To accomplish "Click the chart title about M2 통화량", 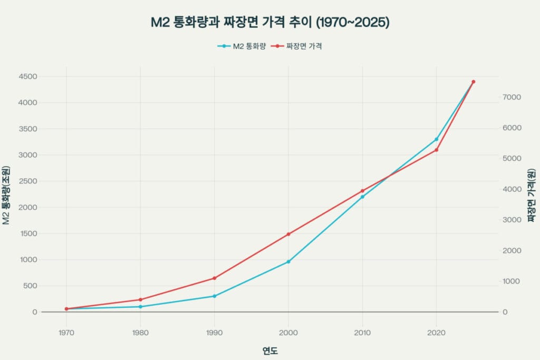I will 269,23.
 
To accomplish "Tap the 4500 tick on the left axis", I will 27,76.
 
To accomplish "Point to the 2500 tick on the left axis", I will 27,181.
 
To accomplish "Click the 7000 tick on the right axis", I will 512,97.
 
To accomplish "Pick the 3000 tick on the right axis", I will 512,220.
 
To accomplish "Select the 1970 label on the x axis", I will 66,333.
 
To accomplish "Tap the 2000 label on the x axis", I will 288,333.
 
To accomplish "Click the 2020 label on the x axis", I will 436,333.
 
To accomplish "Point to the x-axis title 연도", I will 270,351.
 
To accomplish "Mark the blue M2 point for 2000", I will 288,261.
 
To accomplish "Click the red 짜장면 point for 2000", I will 288,234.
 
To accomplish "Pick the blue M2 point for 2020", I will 436,139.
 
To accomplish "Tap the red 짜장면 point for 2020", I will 436,150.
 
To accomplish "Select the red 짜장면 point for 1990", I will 215,278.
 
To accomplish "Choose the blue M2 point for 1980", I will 140,307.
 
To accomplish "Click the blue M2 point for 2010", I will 362,197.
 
